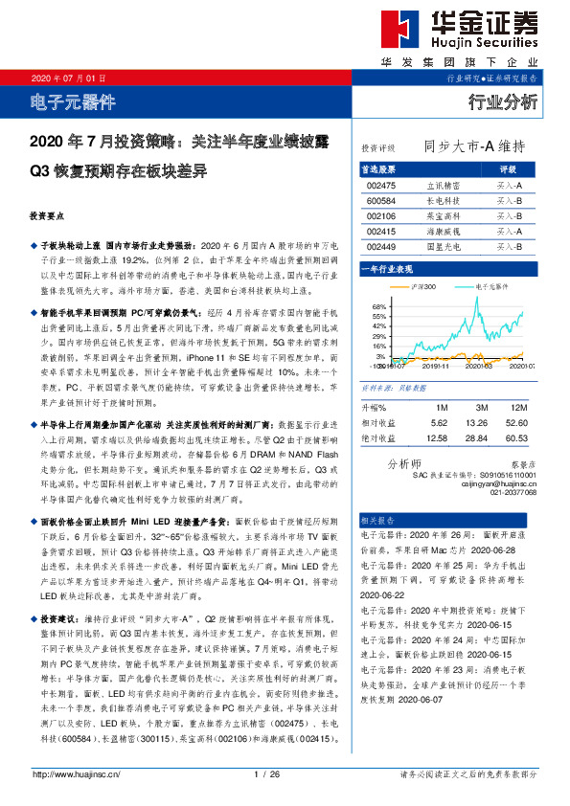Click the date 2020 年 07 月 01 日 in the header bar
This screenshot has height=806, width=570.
tap(66, 78)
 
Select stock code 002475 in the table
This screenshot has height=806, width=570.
tap(381, 185)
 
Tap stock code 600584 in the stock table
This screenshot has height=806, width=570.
tap(381, 200)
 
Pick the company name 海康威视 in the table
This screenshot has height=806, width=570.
tap(443, 232)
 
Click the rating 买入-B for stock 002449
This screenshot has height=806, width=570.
tap(510, 247)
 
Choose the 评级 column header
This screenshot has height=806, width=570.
tap(509, 168)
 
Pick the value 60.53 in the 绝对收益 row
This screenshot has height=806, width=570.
tap(517, 437)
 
